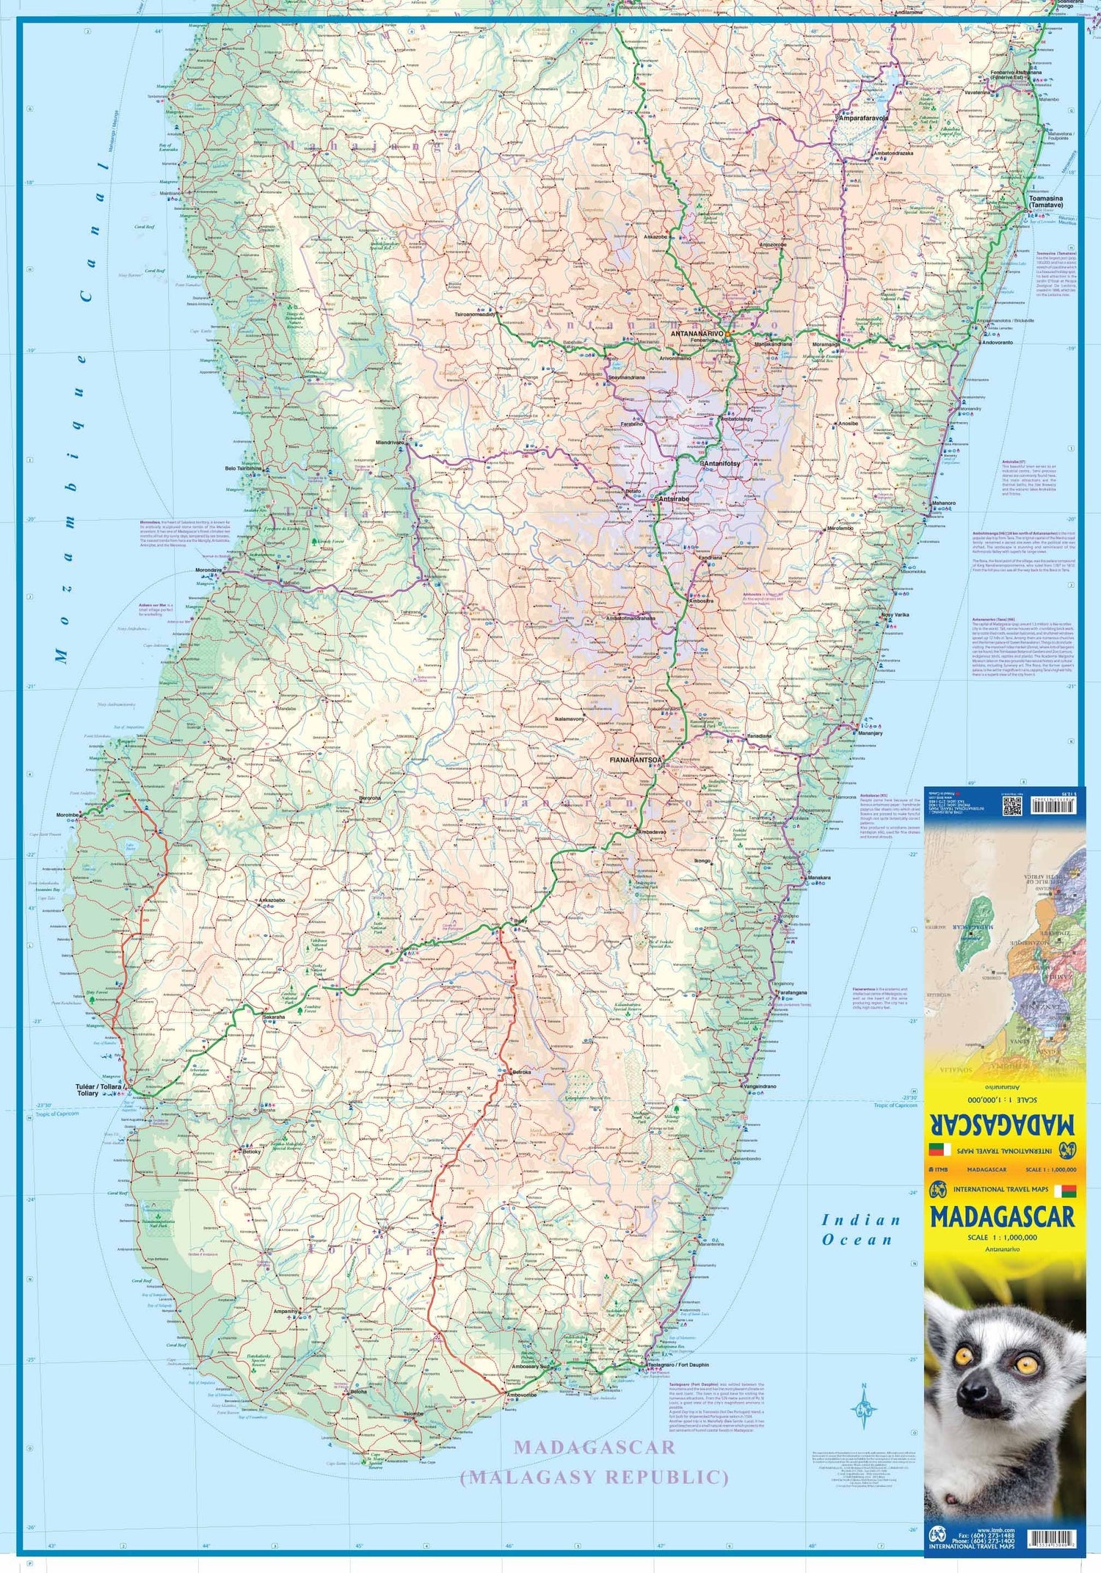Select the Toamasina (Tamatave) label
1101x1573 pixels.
[x=1045, y=202]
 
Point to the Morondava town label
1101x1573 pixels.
[x=208, y=570]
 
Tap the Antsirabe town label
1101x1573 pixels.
[x=674, y=498]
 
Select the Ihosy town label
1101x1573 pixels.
[x=520, y=920]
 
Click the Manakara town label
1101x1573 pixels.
[x=819, y=878]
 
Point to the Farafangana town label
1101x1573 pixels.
[x=792, y=993]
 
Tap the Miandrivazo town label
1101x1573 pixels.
[x=390, y=443]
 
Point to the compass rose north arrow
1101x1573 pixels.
[x=864, y=1406]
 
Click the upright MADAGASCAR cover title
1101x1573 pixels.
[x=1002, y=1217]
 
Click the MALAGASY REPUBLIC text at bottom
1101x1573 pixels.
[x=594, y=1476]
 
